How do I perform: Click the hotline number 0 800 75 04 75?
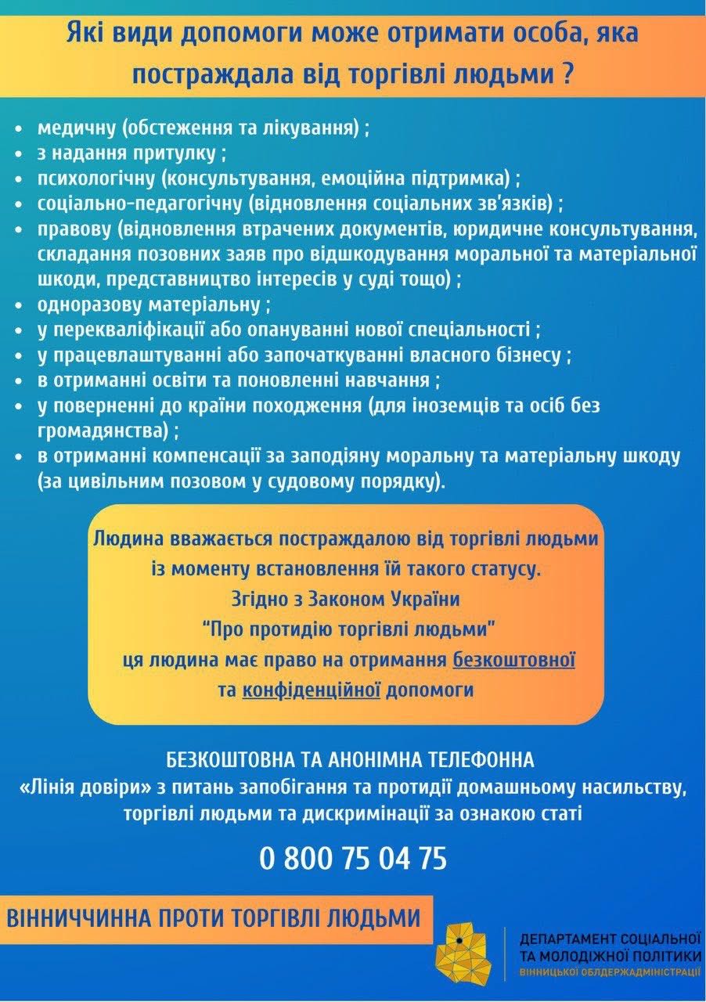[x=353, y=859]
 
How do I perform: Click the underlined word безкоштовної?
[x=514, y=659]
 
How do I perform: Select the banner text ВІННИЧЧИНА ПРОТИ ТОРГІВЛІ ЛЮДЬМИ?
[x=209, y=917]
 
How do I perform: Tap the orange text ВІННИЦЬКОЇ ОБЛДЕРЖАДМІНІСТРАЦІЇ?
[x=610, y=972]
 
